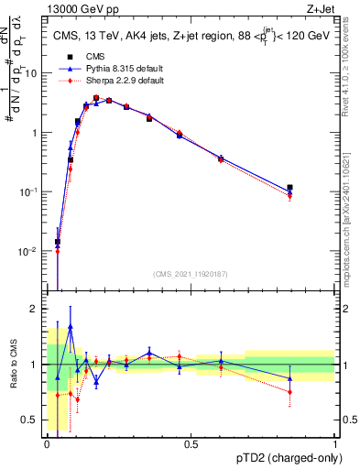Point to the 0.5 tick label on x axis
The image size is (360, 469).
[x=191, y=442]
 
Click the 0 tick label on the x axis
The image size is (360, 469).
[x=48, y=442]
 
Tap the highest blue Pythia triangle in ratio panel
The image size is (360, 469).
[x=71, y=326]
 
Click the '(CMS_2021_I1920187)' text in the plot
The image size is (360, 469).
[x=190, y=273]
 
